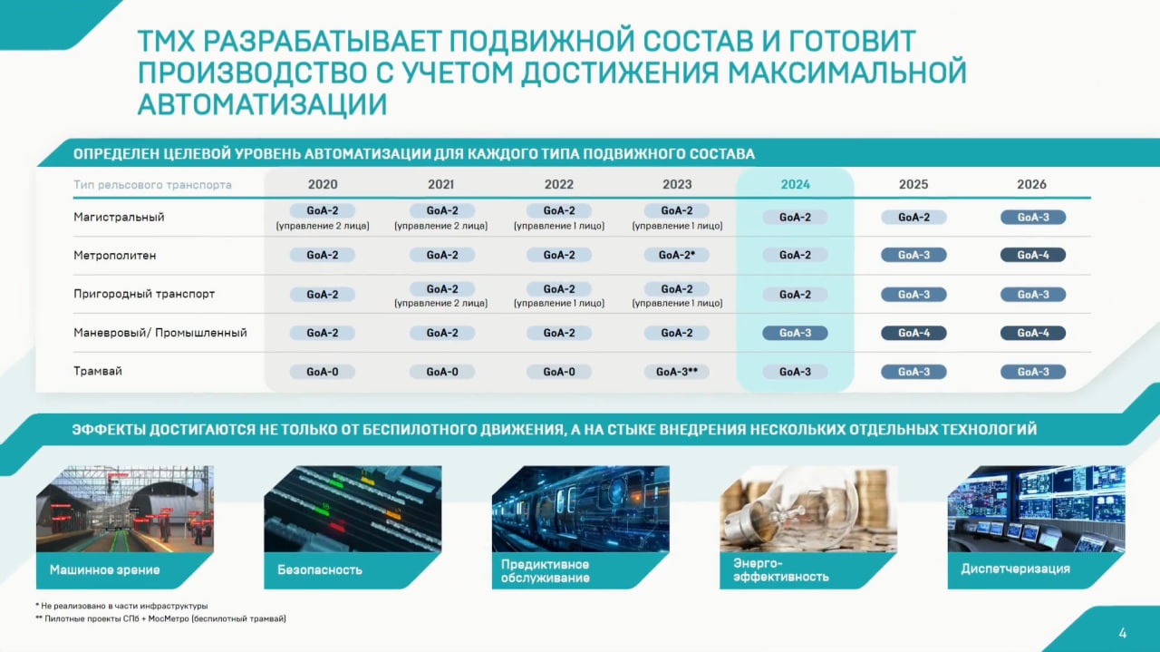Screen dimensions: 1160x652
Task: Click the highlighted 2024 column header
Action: [x=795, y=184]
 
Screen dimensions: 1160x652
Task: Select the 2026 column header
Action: [x=1031, y=184]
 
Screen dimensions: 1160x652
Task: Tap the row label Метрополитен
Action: [x=114, y=255]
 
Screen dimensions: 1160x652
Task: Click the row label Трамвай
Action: [x=97, y=371]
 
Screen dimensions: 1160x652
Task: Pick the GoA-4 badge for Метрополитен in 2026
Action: [x=1032, y=255]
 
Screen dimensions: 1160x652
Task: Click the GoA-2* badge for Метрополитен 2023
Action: [x=676, y=255]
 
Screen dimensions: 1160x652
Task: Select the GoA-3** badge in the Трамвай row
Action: [x=676, y=372]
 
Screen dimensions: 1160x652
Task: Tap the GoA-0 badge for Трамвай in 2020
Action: [x=322, y=372]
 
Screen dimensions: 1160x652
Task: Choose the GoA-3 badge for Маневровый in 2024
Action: [x=795, y=333]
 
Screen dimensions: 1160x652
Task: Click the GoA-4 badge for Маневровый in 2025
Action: [x=913, y=333]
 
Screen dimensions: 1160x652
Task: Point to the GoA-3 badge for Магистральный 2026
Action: [x=1032, y=217]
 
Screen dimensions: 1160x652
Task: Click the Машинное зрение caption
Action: [x=104, y=569]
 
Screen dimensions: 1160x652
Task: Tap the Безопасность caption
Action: [x=320, y=569]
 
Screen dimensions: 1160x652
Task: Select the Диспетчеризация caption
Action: [x=1015, y=569]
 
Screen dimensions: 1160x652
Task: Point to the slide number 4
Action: [x=1123, y=633]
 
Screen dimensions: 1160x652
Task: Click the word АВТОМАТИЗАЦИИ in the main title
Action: [x=262, y=103]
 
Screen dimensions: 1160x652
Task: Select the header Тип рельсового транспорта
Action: [x=152, y=185]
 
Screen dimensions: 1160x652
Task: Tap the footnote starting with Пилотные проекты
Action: [x=160, y=618]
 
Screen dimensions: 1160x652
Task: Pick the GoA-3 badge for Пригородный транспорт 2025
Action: [x=913, y=295]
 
